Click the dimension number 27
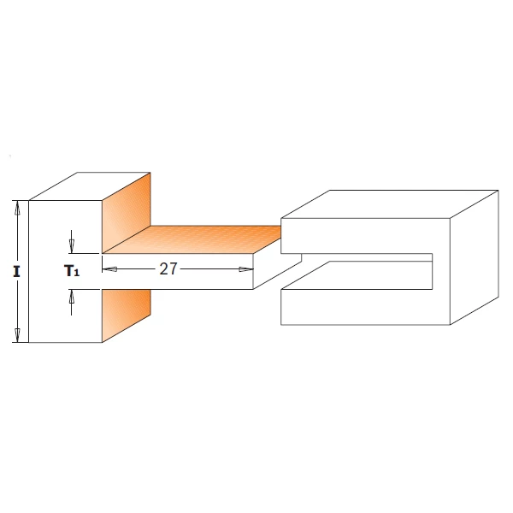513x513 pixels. click(x=168, y=268)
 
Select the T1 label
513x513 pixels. click(x=71, y=271)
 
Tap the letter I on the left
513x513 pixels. click(x=16, y=272)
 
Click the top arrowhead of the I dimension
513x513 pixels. click(x=18, y=208)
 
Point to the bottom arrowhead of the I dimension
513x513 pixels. click(x=18, y=335)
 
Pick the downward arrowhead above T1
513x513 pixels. click(x=71, y=246)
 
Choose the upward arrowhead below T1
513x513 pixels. click(x=71, y=296)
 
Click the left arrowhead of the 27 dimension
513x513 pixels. click(x=109, y=269)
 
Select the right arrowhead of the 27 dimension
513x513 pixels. click(x=246, y=269)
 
